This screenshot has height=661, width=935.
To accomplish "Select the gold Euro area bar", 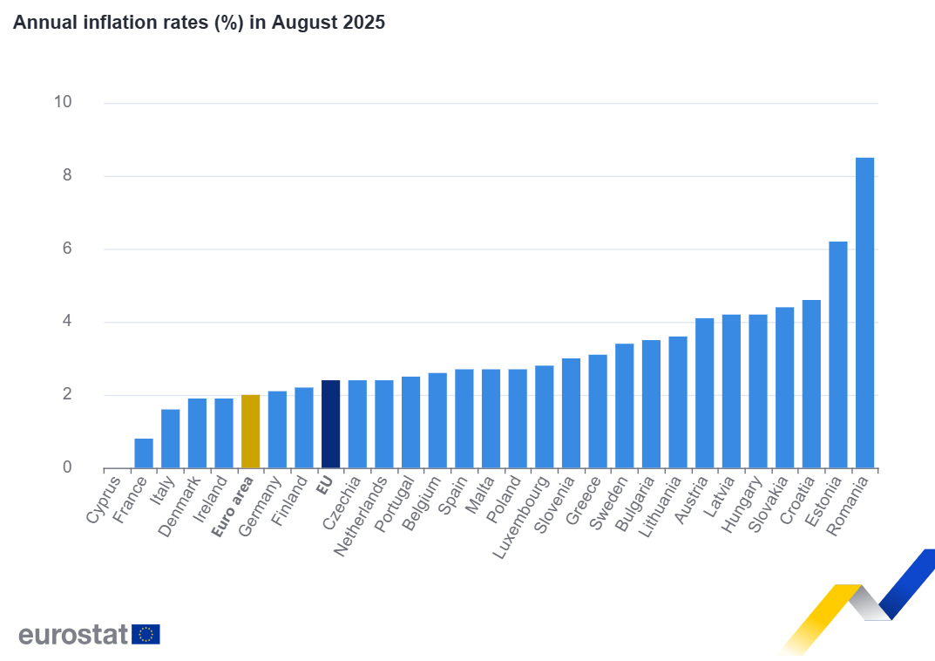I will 250,432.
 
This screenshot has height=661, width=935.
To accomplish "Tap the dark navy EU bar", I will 330,424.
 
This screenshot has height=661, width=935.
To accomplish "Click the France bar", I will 144,453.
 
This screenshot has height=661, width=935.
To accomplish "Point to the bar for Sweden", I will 624,405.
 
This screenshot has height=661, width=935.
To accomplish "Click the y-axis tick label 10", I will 62,102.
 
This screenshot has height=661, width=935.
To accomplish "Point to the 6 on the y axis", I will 66,249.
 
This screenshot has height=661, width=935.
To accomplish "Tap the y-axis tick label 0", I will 66,468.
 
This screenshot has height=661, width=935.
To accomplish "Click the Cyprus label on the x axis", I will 105,498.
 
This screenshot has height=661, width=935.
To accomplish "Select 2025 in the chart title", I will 362,23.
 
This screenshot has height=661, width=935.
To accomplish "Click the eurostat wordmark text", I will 73,634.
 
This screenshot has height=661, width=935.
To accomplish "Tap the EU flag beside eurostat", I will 146,634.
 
